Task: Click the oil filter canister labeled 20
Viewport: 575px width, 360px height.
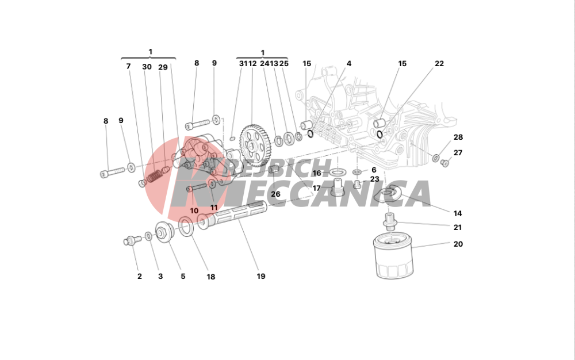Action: click(x=393, y=260)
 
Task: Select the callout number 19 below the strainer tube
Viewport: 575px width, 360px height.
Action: click(x=261, y=277)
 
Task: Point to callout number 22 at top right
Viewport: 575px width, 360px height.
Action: click(x=439, y=64)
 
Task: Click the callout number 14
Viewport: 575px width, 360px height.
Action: click(x=458, y=213)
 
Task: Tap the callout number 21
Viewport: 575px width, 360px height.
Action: click(x=458, y=227)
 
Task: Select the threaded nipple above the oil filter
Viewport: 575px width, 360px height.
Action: click(x=390, y=221)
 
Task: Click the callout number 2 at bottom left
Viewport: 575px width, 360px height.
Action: click(x=139, y=277)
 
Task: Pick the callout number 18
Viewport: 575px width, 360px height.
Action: click(x=211, y=277)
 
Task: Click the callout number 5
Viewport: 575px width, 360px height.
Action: click(x=183, y=277)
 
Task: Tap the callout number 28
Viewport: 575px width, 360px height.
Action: click(x=458, y=137)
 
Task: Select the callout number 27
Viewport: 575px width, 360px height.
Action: click(x=458, y=153)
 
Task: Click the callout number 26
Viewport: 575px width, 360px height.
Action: click(x=275, y=194)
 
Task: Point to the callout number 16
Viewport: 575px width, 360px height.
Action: click(x=317, y=173)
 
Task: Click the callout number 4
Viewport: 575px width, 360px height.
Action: click(x=348, y=64)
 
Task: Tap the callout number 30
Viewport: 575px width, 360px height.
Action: click(x=147, y=67)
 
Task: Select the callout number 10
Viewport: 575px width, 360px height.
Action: click(x=194, y=211)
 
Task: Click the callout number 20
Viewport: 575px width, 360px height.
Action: click(x=458, y=244)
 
